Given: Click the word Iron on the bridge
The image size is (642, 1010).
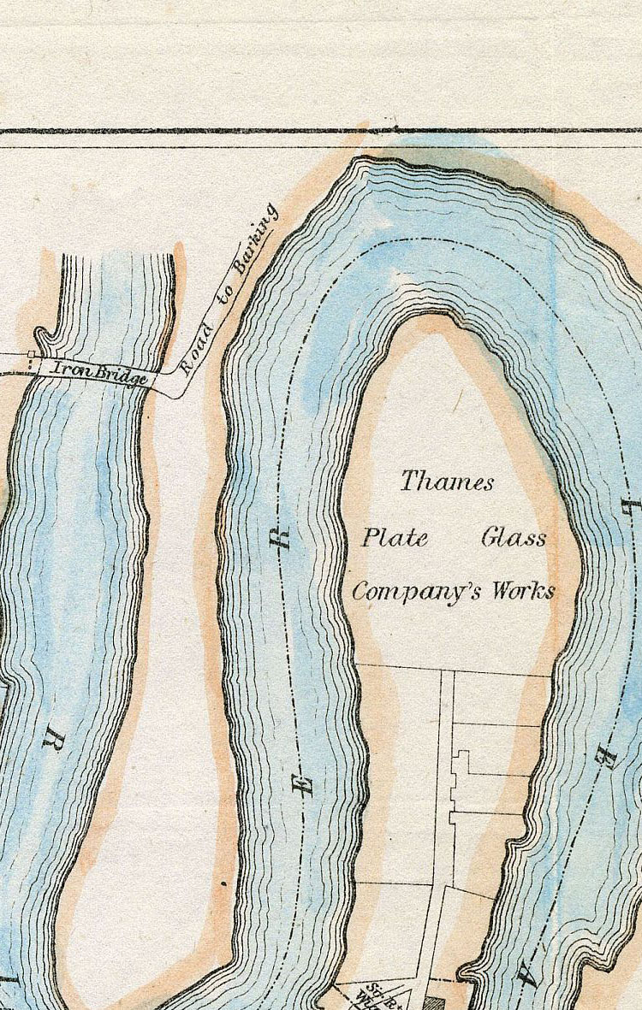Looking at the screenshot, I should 71,369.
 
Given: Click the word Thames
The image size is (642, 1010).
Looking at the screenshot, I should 447,481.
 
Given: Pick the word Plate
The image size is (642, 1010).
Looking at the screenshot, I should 395,539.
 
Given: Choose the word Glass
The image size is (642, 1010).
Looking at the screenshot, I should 514,539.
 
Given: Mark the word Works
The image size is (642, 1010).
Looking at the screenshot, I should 523,591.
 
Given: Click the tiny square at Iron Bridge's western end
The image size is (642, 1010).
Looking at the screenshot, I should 33,354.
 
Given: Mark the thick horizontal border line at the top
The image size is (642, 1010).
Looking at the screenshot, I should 321,132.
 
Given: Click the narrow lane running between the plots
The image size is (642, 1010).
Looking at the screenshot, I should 446,770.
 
